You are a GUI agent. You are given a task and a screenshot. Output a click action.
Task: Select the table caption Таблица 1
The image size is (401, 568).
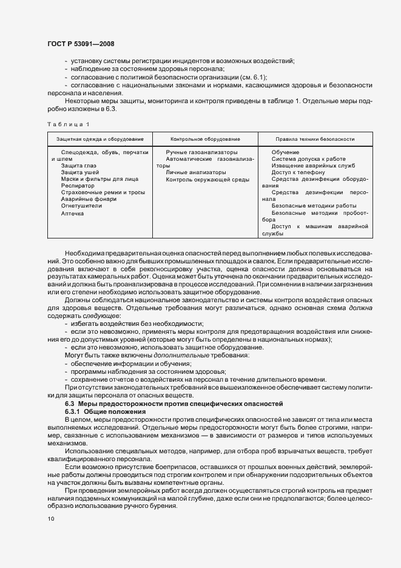68,124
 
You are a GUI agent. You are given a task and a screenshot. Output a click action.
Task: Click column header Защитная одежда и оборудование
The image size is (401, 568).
100,139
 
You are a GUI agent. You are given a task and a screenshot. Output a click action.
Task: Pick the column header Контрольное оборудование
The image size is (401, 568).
205,139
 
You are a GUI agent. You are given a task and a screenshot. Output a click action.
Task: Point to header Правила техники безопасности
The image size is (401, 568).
315,139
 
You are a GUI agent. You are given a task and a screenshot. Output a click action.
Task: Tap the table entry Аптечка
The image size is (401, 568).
73,213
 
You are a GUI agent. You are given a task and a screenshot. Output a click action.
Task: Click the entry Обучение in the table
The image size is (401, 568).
285,152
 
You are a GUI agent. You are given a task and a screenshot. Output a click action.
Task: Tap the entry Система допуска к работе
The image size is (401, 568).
311,158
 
